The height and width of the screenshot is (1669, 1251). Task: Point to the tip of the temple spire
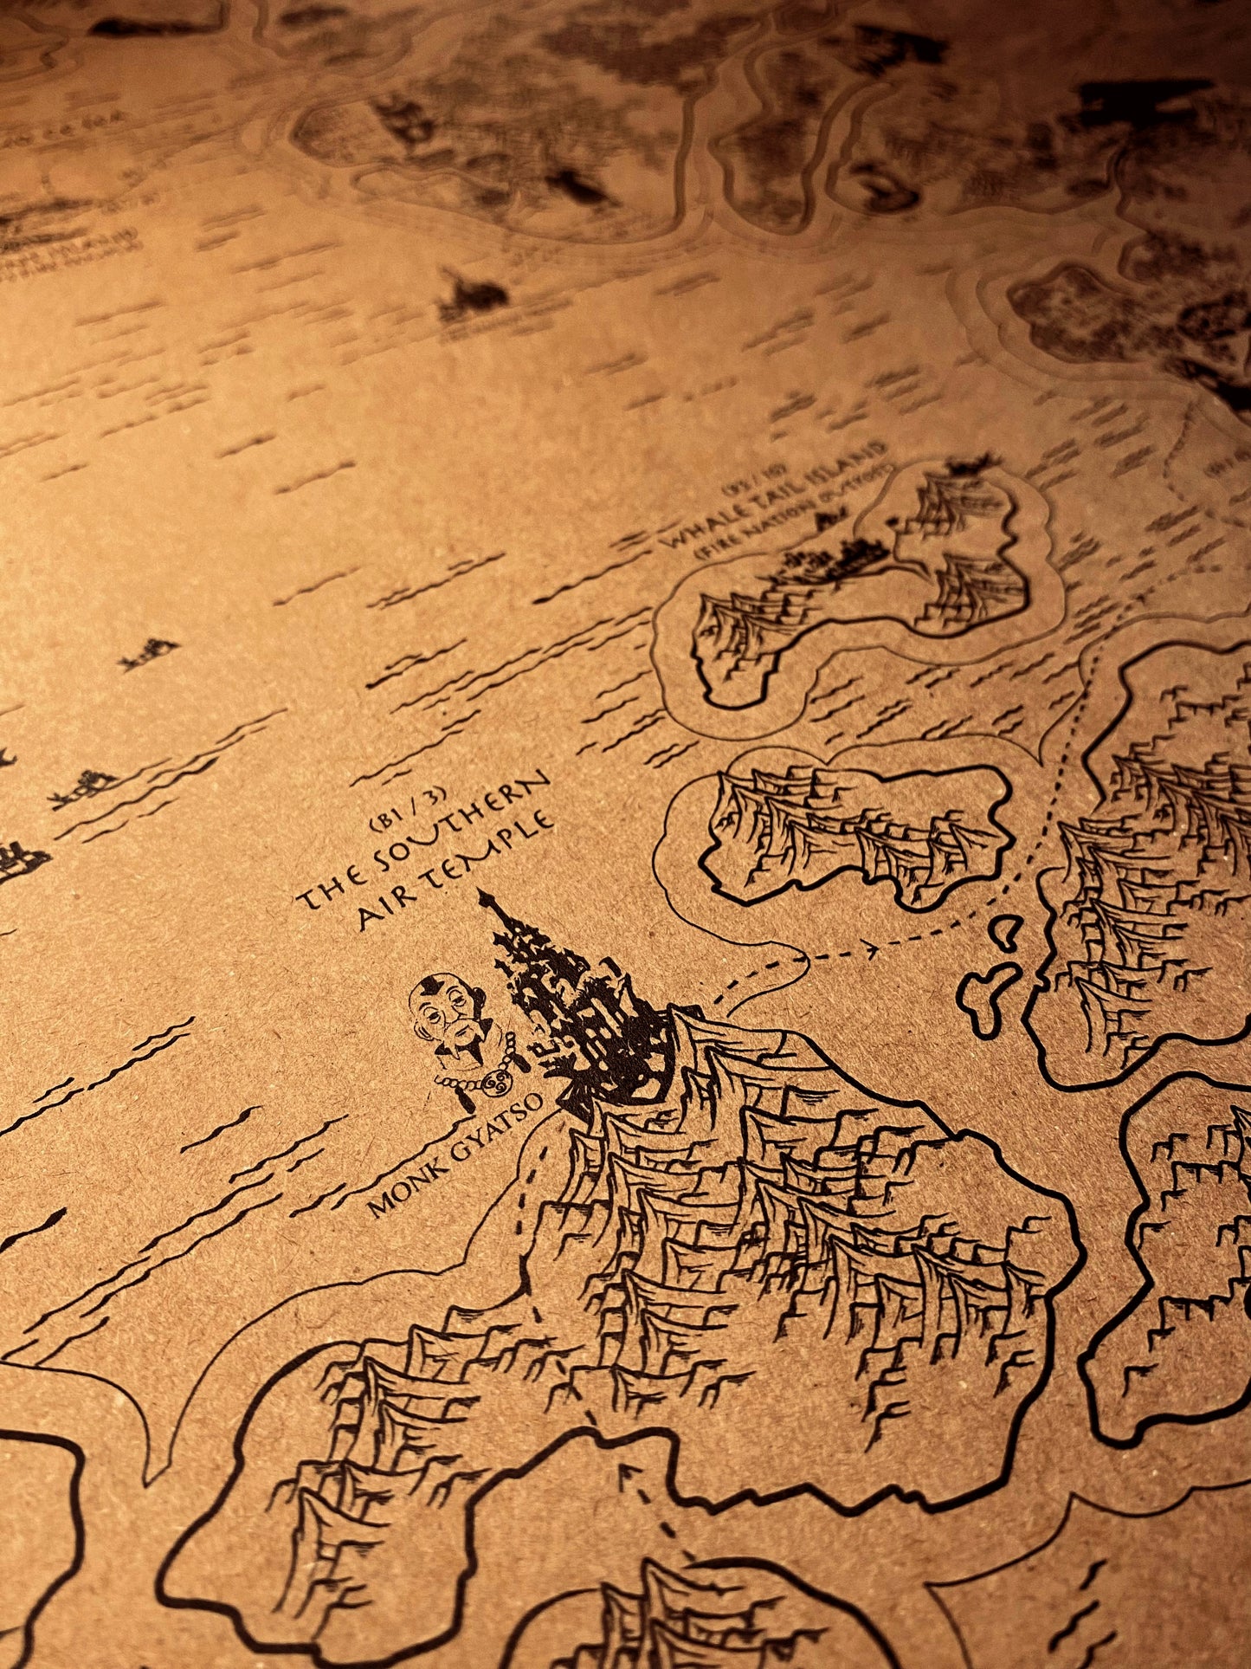tap(483, 896)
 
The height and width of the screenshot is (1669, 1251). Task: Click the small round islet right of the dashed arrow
tap(1004, 931)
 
